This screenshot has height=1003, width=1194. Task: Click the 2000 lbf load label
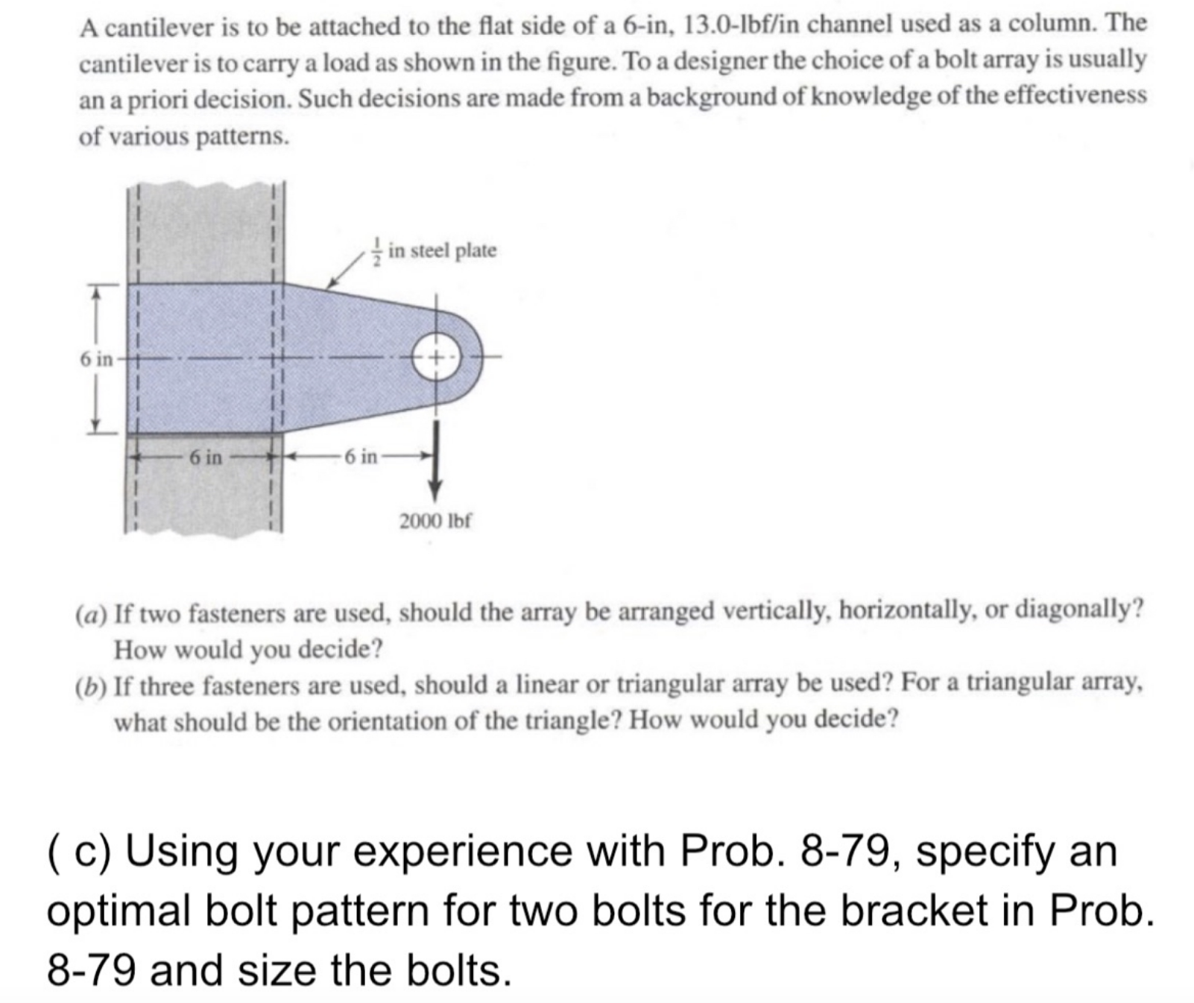(435, 520)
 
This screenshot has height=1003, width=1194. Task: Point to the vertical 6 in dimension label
(95, 359)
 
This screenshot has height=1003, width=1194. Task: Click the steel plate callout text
(442, 251)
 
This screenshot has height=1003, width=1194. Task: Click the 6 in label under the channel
(205, 457)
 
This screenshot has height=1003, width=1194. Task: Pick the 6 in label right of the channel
(361, 457)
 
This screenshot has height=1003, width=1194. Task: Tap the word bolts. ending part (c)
(460, 970)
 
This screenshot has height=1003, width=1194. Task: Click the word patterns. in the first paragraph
(241, 137)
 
